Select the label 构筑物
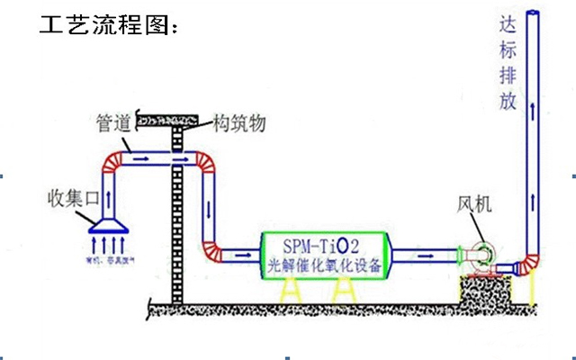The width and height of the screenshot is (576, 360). [x=238, y=122]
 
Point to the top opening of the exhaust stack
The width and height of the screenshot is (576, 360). [x=536, y=12]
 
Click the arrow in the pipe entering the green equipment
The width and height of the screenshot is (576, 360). [x=243, y=254]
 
